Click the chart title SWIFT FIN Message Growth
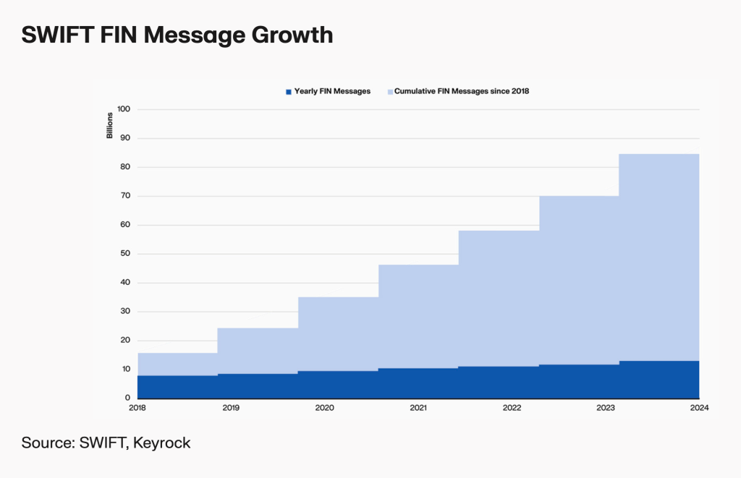(x=177, y=35)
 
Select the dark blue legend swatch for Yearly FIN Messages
(x=289, y=91)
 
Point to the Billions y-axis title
(x=110, y=125)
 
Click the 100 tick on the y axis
(x=123, y=109)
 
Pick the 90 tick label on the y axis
(x=124, y=138)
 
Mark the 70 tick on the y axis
(x=124, y=196)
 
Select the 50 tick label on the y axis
(x=124, y=254)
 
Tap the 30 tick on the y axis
(x=124, y=312)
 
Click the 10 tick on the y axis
(x=124, y=369)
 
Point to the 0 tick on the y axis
(x=127, y=398)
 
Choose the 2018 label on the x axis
(x=137, y=409)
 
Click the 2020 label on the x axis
(x=325, y=409)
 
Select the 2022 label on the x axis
(x=512, y=409)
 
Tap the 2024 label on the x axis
(x=699, y=409)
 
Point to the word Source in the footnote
(x=46, y=443)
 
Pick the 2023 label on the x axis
(x=606, y=409)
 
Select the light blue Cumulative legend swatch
(x=389, y=91)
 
